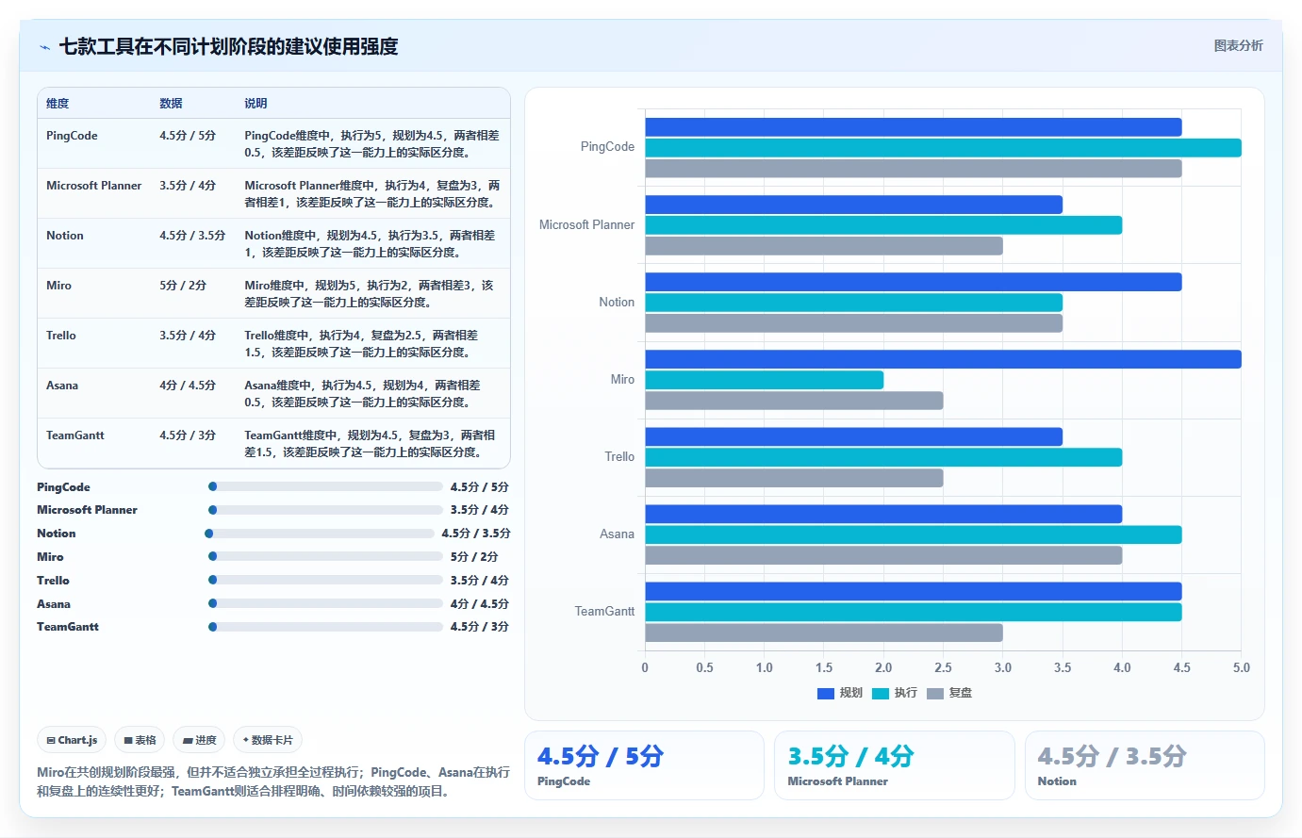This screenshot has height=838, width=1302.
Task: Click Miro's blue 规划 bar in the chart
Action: pos(943,359)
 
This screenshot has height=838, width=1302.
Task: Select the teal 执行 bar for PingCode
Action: pos(943,148)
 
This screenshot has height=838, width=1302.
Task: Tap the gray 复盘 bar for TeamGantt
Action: pos(824,633)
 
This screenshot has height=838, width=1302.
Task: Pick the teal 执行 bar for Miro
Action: pos(765,380)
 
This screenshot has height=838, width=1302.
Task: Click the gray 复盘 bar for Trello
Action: pos(794,478)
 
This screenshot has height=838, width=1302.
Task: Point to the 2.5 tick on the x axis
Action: pos(943,667)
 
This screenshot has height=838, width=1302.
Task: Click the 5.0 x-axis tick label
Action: pos(1241,667)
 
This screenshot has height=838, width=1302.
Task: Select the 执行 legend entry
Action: pos(895,693)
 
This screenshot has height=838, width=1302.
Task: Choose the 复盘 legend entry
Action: pos(949,693)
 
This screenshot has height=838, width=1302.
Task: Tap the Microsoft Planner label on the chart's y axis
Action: pos(586,225)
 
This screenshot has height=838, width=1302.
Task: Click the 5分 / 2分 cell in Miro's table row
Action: pos(183,286)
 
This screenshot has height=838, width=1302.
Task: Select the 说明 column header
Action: pos(255,104)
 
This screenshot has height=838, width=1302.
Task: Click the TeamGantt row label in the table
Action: pos(75,435)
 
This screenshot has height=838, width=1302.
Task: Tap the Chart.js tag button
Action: pos(72,740)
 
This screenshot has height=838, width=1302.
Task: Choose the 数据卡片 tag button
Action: pos(268,740)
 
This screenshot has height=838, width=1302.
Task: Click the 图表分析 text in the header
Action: pos(1238,46)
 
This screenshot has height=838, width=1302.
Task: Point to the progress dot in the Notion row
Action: pos(208,534)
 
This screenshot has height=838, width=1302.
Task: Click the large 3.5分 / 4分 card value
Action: pos(850,756)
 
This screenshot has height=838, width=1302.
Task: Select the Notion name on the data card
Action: pos(1057,781)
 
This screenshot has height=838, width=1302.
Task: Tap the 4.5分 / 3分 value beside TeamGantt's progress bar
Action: pos(479,627)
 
